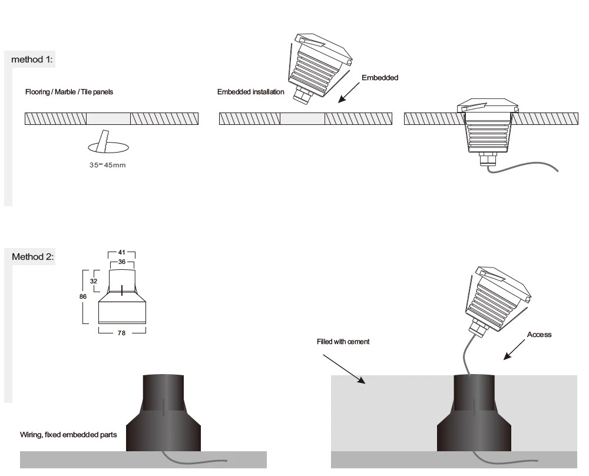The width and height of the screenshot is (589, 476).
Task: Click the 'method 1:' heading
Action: pyautogui.click(x=32, y=59)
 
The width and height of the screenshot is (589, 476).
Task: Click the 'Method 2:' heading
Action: pyautogui.click(x=32, y=257)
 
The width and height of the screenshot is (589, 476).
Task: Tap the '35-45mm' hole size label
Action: pyautogui.click(x=107, y=165)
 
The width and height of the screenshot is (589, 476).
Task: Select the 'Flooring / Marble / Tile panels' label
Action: pyautogui.click(x=69, y=92)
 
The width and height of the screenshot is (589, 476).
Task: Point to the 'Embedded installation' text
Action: pyautogui.click(x=250, y=92)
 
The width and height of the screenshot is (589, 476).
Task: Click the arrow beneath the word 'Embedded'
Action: pyautogui.click(x=349, y=92)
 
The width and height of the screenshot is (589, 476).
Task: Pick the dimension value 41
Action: pyautogui.click(x=121, y=253)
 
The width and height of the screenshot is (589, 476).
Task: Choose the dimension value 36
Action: pyautogui.click(x=122, y=262)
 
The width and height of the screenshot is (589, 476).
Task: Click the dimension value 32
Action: pyautogui.click(x=94, y=281)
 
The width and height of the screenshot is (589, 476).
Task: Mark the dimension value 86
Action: pyautogui.click(x=83, y=296)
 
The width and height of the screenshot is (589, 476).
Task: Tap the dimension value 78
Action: pyautogui.click(x=121, y=333)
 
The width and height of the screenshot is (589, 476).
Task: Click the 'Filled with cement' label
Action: pyautogui.click(x=343, y=342)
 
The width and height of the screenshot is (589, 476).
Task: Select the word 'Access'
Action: pyautogui.click(x=539, y=335)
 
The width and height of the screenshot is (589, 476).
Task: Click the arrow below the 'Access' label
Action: pyautogui.click(x=514, y=350)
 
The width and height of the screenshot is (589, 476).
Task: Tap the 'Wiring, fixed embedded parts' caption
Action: pyautogui.click(x=68, y=435)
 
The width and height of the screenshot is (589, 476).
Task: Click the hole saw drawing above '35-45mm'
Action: pyautogui.click(x=108, y=143)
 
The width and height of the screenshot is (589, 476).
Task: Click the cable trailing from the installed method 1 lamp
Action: pyautogui.click(x=522, y=168)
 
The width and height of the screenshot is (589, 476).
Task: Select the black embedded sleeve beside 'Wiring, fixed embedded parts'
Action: pyautogui.click(x=163, y=413)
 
